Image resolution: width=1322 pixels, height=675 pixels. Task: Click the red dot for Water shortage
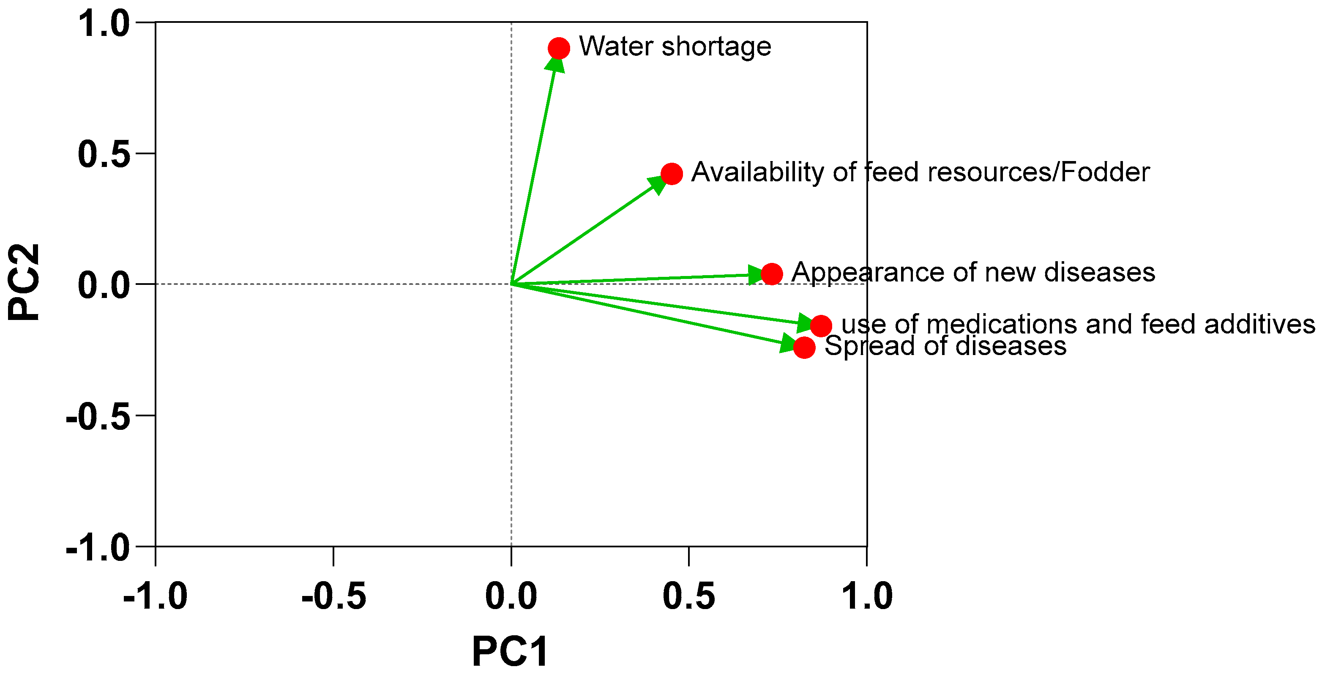558,48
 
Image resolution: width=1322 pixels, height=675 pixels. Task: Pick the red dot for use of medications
821,325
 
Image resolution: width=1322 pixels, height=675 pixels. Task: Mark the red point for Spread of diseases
804,347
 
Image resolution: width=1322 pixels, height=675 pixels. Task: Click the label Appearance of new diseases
973,272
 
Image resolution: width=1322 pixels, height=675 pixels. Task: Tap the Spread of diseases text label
945,346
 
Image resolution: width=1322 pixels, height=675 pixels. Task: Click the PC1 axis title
510,651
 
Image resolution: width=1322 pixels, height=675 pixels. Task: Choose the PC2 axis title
24,282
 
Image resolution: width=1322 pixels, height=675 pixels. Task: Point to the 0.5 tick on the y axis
104,153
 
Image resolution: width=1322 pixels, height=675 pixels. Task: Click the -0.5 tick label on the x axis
333,596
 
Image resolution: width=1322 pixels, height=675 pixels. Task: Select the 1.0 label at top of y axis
104,23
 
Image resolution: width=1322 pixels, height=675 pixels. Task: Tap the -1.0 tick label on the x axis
156,596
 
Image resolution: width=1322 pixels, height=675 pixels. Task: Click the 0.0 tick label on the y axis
104,285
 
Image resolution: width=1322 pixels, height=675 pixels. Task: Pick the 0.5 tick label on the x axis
689,596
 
